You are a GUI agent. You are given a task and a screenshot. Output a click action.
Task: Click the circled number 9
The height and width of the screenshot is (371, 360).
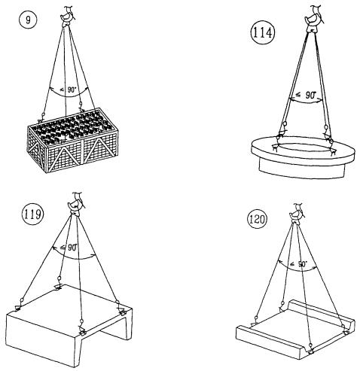click(x=28, y=20)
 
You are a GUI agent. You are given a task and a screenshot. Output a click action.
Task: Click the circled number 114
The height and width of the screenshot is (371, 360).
click(x=263, y=32)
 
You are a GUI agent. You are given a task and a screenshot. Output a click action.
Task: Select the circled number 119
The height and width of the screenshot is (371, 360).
click(x=32, y=214)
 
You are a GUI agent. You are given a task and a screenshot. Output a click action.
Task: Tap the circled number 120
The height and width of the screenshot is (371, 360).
click(x=257, y=219)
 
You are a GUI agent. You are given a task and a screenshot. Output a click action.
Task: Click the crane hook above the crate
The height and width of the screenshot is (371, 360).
click(x=67, y=16)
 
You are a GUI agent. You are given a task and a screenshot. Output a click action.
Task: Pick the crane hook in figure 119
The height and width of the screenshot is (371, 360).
click(x=76, y=204)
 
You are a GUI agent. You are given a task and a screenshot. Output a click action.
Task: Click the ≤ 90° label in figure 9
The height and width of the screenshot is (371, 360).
click(x=69, y=90)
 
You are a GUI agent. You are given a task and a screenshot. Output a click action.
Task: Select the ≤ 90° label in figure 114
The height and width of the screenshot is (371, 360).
click(x=306, y=96)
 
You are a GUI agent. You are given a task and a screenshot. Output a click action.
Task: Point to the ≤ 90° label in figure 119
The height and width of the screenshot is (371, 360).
click(x=69, y=248)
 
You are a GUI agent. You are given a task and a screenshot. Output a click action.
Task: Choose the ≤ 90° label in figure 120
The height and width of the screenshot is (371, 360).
click(x=299, y=264)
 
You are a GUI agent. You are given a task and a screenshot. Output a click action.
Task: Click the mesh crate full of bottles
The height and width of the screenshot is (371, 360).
click(x=72, y=140)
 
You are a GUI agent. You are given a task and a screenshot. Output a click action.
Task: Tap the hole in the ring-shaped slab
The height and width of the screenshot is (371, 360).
click(x=304, y=148)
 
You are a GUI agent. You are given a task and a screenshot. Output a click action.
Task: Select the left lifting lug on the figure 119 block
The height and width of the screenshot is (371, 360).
click(x=18, y=308)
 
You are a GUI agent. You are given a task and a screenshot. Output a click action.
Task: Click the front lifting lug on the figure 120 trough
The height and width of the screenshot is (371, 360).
click(x=310, y=351)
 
